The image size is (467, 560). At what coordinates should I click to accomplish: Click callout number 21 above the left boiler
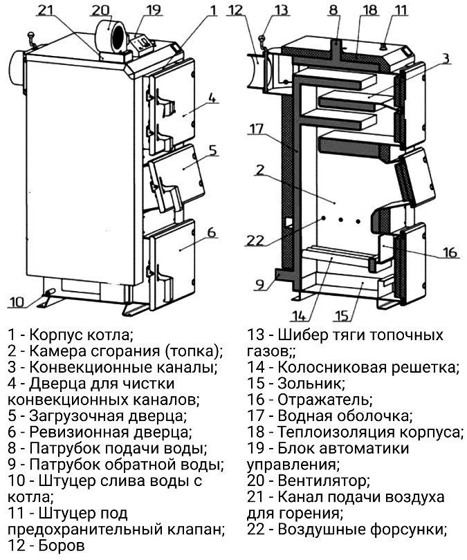tap(46, 10)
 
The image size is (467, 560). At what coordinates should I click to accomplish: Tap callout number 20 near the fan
tap(100, 10)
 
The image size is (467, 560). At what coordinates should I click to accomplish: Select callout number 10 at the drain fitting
tap(16, 302)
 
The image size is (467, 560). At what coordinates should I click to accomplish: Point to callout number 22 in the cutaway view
tap(255, 240)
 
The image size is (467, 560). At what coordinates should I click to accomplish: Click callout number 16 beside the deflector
tap(450, 252)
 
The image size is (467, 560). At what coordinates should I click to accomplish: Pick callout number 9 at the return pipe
tap(259, 285)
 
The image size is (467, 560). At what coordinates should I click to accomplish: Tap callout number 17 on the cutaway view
tap(256, 129)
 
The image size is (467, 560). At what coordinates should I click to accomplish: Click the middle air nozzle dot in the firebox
tap(340, 220)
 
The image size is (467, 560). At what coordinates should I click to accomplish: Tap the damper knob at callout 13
tap(263, 37)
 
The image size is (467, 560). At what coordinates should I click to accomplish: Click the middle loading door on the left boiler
tap(178, 175)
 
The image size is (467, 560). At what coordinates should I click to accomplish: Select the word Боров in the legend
tap(61, 545)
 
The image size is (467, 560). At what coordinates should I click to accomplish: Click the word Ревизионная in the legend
tap(79, 432)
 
